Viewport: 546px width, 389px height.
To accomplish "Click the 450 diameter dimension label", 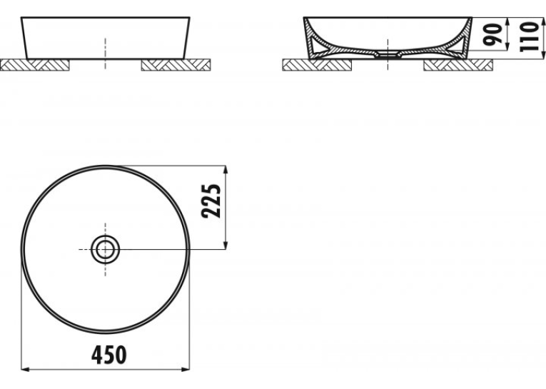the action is tap(109, 355).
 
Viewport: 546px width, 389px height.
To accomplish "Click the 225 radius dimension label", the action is tap(211, 201).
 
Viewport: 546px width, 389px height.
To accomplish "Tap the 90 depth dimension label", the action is tap(492, 34).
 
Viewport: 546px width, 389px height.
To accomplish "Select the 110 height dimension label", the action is tap(530, 36).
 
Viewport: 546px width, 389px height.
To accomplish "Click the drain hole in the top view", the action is tap(105, 249).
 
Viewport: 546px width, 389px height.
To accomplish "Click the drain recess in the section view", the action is tap(388, 54).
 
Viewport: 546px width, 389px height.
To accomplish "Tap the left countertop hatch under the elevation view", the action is tap(35, 65).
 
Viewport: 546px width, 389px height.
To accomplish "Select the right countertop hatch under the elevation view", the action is tap(176, 65).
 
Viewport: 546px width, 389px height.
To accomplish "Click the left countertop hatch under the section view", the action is tap(317, 65).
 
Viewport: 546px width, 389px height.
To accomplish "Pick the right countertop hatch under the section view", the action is tap(458, 65).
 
